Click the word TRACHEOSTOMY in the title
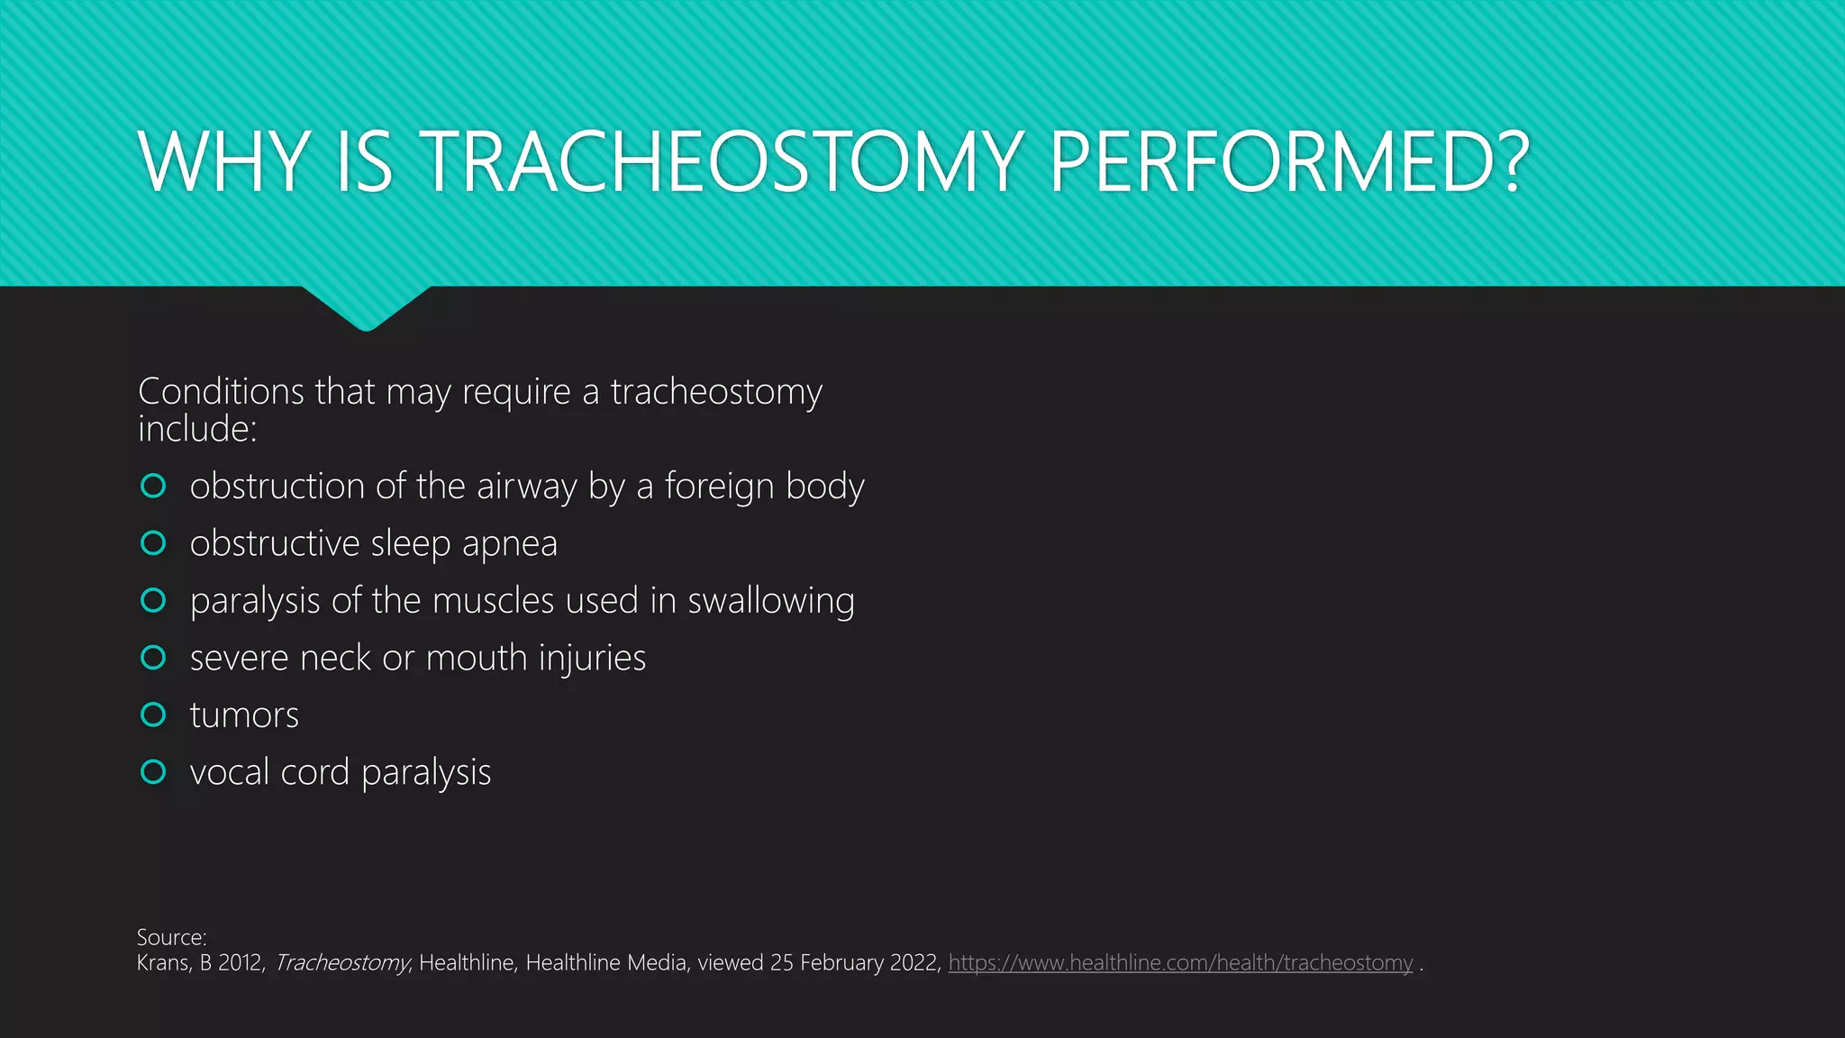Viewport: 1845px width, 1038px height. click(x=721, y=162)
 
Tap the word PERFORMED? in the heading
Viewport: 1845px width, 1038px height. click(x=1288, y=162)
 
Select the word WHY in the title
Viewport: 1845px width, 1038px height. click(x=225, y=162)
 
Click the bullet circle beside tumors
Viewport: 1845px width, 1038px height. click(x=154, y=715)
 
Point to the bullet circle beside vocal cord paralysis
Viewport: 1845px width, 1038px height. click(x=154, y=772)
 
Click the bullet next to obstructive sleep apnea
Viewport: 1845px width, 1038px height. click(x=154, y=543)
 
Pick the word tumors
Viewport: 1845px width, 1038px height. click(x=244, y=715)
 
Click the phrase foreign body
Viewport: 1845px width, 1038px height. click(x=764, y=487)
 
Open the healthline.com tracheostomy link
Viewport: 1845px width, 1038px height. click(x=1180, y=963)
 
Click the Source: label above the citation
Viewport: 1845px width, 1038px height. click(x=171, y=937)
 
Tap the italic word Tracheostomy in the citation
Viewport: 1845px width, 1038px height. click(x=341, y=963)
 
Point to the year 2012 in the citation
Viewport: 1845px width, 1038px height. click(x=240, y=963)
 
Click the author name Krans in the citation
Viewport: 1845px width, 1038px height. click(x=162, y=963)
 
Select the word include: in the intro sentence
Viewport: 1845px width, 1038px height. click(x=197, y=430)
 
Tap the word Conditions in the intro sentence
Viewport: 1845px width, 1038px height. click(x=221, y=392)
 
